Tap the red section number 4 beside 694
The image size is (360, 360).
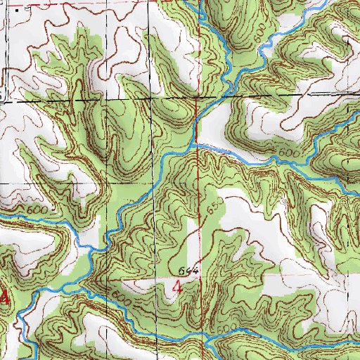pyautogui.click(x=177, y=287)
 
